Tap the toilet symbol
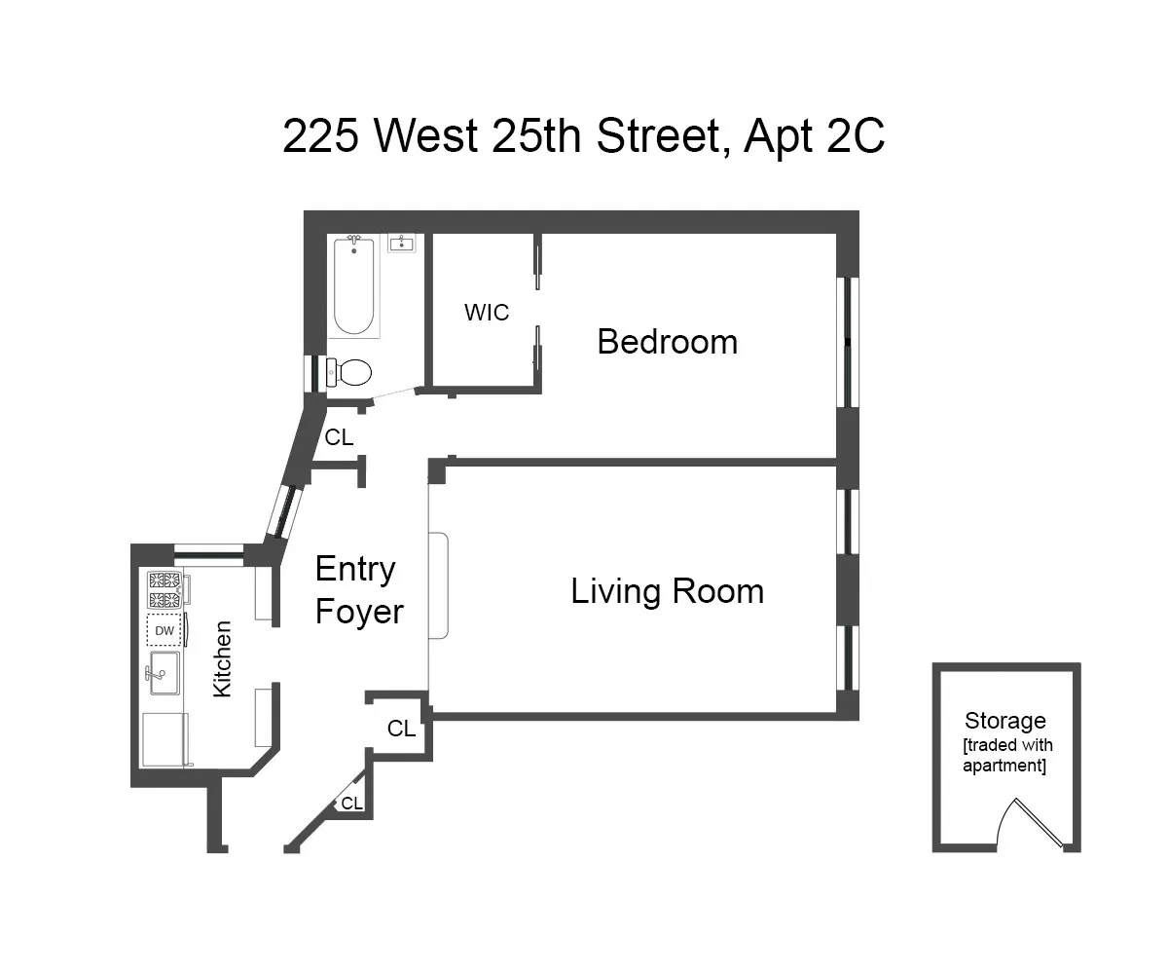pos(350,371)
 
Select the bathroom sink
pos(402,243)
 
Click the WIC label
pos(487,313)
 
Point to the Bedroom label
pos(667,342)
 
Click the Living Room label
pos(667,591)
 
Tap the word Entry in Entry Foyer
pos(354,569)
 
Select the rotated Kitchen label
pos(223,658)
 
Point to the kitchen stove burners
pos(164,590)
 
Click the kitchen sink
pos(164,673)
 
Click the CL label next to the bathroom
pos(339,438)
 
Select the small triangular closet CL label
pos(351,804)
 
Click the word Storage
pos(1004,721)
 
